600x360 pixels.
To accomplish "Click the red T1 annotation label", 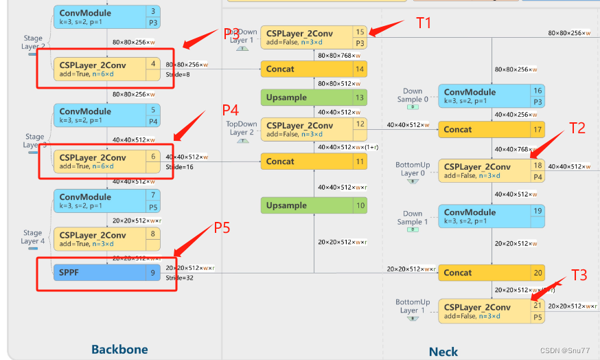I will pos(424,23).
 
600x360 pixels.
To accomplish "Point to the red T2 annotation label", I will pos(577,127).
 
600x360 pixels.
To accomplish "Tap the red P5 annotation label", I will pos(221,227).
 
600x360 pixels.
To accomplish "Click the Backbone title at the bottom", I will pos(119,349).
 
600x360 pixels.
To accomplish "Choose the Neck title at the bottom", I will pos(443,351).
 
